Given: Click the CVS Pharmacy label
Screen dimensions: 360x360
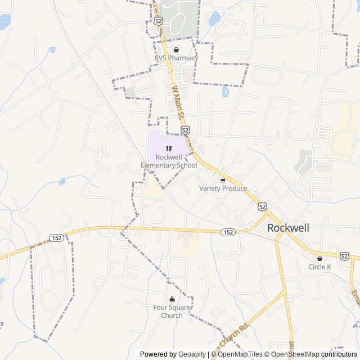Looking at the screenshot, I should (177, 58).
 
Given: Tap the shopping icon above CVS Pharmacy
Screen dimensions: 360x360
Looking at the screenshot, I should (177, 49).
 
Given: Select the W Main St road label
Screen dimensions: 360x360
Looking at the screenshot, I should (178, 102).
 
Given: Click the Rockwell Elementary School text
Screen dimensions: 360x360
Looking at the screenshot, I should (169, 161).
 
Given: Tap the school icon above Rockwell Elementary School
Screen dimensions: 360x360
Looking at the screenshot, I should (169, 148).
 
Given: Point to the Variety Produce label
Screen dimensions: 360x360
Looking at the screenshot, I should (223, 188).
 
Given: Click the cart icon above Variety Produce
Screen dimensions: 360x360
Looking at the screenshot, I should (223, 180).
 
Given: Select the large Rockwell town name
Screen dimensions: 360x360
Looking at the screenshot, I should (289, 228).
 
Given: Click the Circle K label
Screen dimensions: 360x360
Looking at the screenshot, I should (320, 267).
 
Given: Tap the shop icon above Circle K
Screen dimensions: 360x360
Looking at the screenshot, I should (320, 258).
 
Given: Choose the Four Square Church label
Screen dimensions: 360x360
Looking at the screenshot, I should (172, 312).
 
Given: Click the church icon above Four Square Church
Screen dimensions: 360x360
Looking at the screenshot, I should (172, 299).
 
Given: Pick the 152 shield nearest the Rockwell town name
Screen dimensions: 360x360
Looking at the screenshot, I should (228, 232).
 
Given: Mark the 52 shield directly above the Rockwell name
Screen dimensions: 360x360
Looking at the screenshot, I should (263, 206).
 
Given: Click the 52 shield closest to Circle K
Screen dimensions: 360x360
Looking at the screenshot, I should (345, 255).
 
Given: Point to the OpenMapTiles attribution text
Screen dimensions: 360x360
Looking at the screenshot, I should (240, 354).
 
